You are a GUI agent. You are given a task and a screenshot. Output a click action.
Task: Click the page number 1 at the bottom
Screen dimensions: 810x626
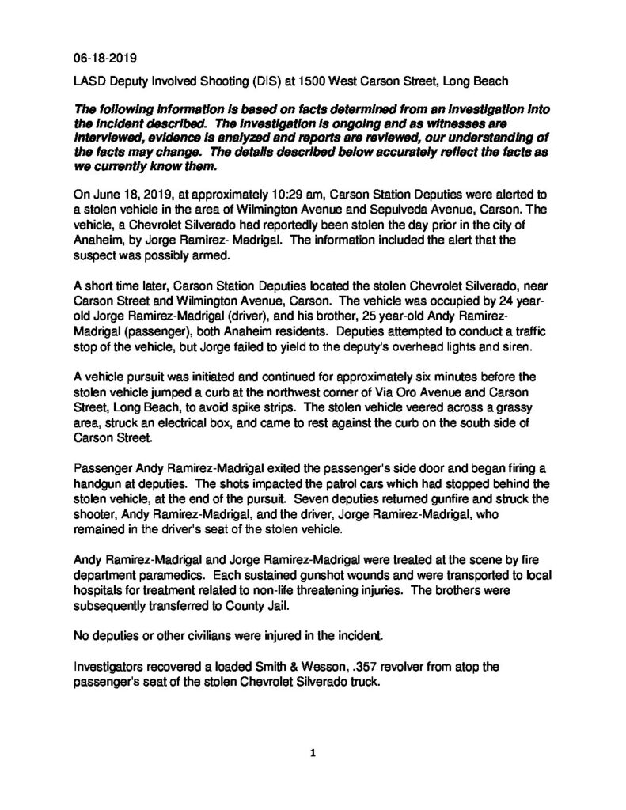coord(313,752)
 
